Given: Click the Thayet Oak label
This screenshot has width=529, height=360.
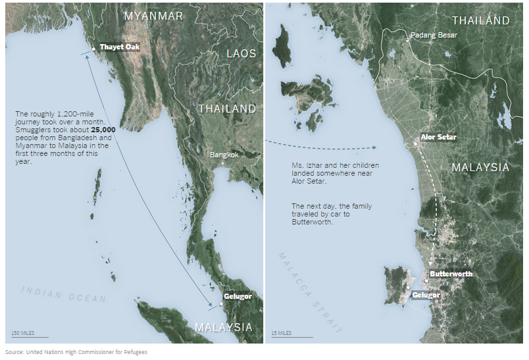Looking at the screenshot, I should [119, 47].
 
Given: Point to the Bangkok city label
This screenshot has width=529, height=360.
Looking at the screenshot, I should [224, 155].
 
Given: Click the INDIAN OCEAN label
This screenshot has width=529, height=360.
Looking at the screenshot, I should [63, 294].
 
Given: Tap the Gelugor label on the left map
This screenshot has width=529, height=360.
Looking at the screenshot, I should [238, 297].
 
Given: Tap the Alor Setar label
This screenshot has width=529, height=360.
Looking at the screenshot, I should [438, 137].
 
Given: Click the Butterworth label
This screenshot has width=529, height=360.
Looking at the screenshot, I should [451, 274].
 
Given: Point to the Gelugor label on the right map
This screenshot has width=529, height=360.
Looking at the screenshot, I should [426, 295].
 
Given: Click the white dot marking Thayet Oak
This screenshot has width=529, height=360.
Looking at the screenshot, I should [93, 49].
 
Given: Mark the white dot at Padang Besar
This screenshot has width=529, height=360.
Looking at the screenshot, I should [407, 39].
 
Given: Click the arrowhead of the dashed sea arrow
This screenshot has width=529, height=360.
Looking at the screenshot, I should [373, 148].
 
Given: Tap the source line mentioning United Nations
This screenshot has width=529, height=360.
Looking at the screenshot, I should [76, 352].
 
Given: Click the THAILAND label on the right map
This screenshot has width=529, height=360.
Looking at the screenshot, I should [480, 20].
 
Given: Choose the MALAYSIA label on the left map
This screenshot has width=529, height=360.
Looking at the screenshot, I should [224, 327].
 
